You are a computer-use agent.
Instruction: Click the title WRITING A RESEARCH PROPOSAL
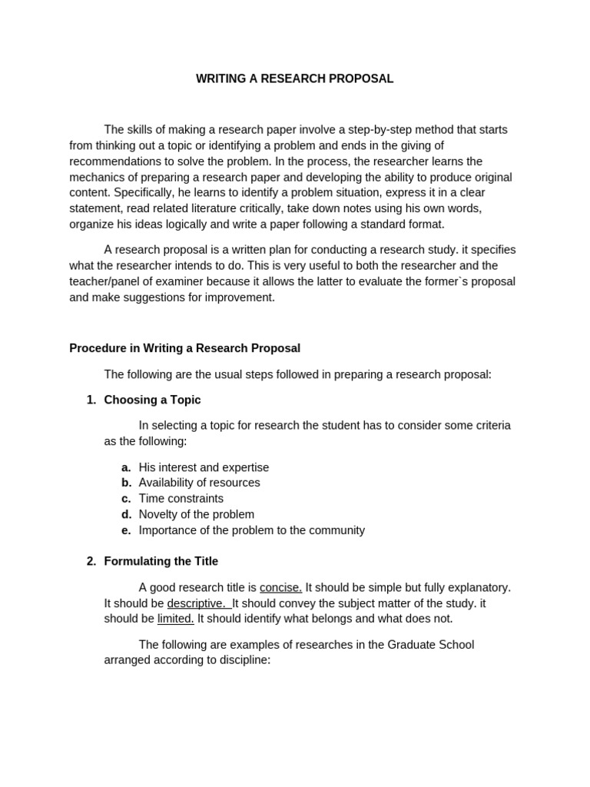(294, 79)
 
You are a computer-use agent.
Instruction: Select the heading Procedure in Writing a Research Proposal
(184, 348)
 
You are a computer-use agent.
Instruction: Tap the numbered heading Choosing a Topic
(152, 400)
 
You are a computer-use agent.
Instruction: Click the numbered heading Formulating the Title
(161, 561)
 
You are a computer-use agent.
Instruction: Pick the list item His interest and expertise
(204, 467)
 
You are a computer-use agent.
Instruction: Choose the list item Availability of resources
(199, 483)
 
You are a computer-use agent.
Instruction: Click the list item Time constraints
(181, 499)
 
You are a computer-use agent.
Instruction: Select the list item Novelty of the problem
(196, 514)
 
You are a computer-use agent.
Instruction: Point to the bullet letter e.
(126, 530)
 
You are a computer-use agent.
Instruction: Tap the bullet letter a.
(126, 467)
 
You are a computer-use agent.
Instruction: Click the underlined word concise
(280, 587)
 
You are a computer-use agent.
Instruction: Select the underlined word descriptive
(197, 603)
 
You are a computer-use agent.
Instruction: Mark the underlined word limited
(176, 619)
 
